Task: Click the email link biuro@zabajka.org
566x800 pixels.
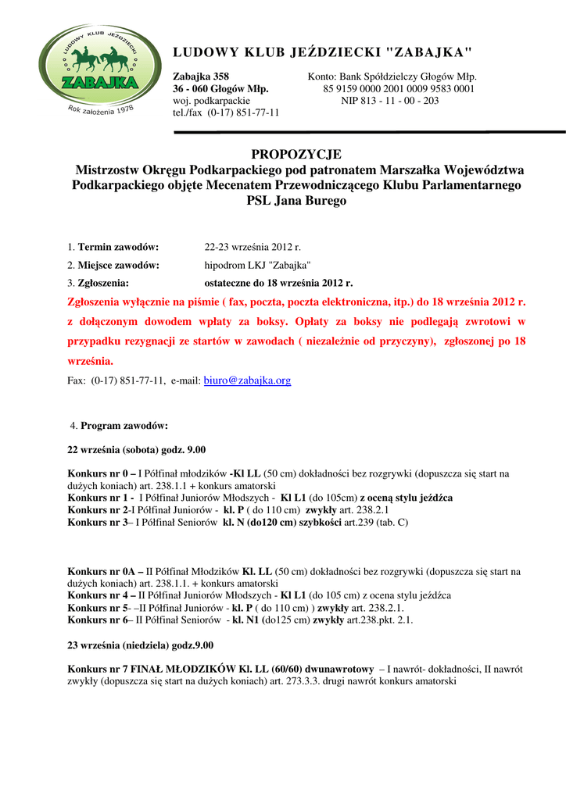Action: tap(247, 380)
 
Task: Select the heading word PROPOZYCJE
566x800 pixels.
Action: tap(296, 155)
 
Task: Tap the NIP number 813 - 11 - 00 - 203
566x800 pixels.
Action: tap(390, 101)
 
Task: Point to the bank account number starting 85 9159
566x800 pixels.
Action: tap(399, 89)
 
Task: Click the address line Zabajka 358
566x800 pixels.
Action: tap(201, 77)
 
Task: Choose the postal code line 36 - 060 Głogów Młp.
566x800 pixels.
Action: tap(220, 89)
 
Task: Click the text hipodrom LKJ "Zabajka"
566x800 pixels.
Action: tap(258, 265)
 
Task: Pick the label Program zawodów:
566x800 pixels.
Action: tap(124, 426)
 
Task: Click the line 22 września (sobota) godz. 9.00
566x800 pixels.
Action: tap(137, 449)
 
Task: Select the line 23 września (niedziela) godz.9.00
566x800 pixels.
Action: tap(141, 645)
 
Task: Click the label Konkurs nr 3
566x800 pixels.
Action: tap(97, 522)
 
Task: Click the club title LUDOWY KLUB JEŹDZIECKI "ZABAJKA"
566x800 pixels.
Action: tap(322, 52)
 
